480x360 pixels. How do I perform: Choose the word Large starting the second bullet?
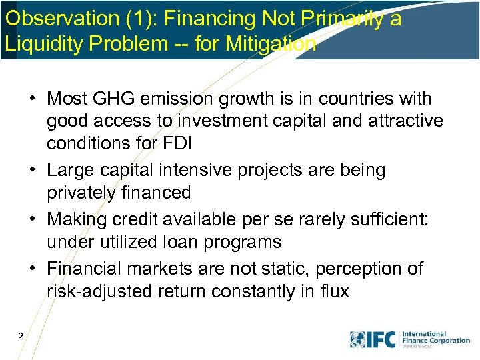coord(69,171)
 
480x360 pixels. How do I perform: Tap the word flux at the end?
coord(333,292)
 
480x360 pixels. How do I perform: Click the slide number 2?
coord(21,337)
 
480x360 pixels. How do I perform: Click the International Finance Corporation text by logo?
coord(435,337)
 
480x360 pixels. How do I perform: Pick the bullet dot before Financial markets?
coord(31,269)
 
